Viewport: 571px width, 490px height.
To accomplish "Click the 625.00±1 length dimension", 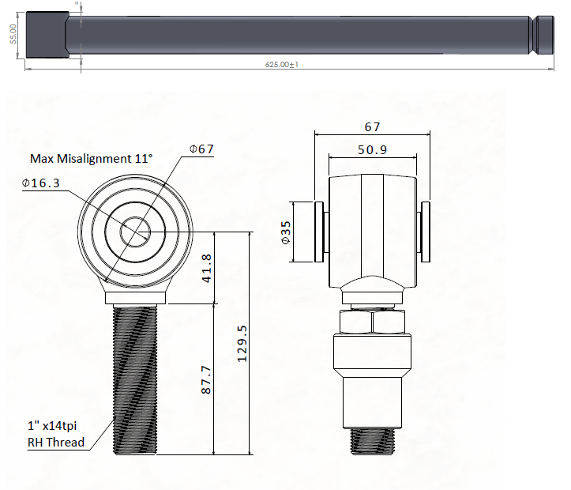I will (281, 65).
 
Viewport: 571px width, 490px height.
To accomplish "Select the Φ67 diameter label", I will (201, 149).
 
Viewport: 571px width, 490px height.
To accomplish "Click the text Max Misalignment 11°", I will (91, 158).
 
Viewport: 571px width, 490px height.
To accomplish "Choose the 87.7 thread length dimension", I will (206, 380).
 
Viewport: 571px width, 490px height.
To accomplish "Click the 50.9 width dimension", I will (372, 150).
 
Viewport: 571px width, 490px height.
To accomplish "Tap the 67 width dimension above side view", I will (372, 126).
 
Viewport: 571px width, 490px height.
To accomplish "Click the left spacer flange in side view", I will (320, 232).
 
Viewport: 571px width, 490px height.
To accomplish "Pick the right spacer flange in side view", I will (426, 232).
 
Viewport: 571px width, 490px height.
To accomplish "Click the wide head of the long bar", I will (45, 34).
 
